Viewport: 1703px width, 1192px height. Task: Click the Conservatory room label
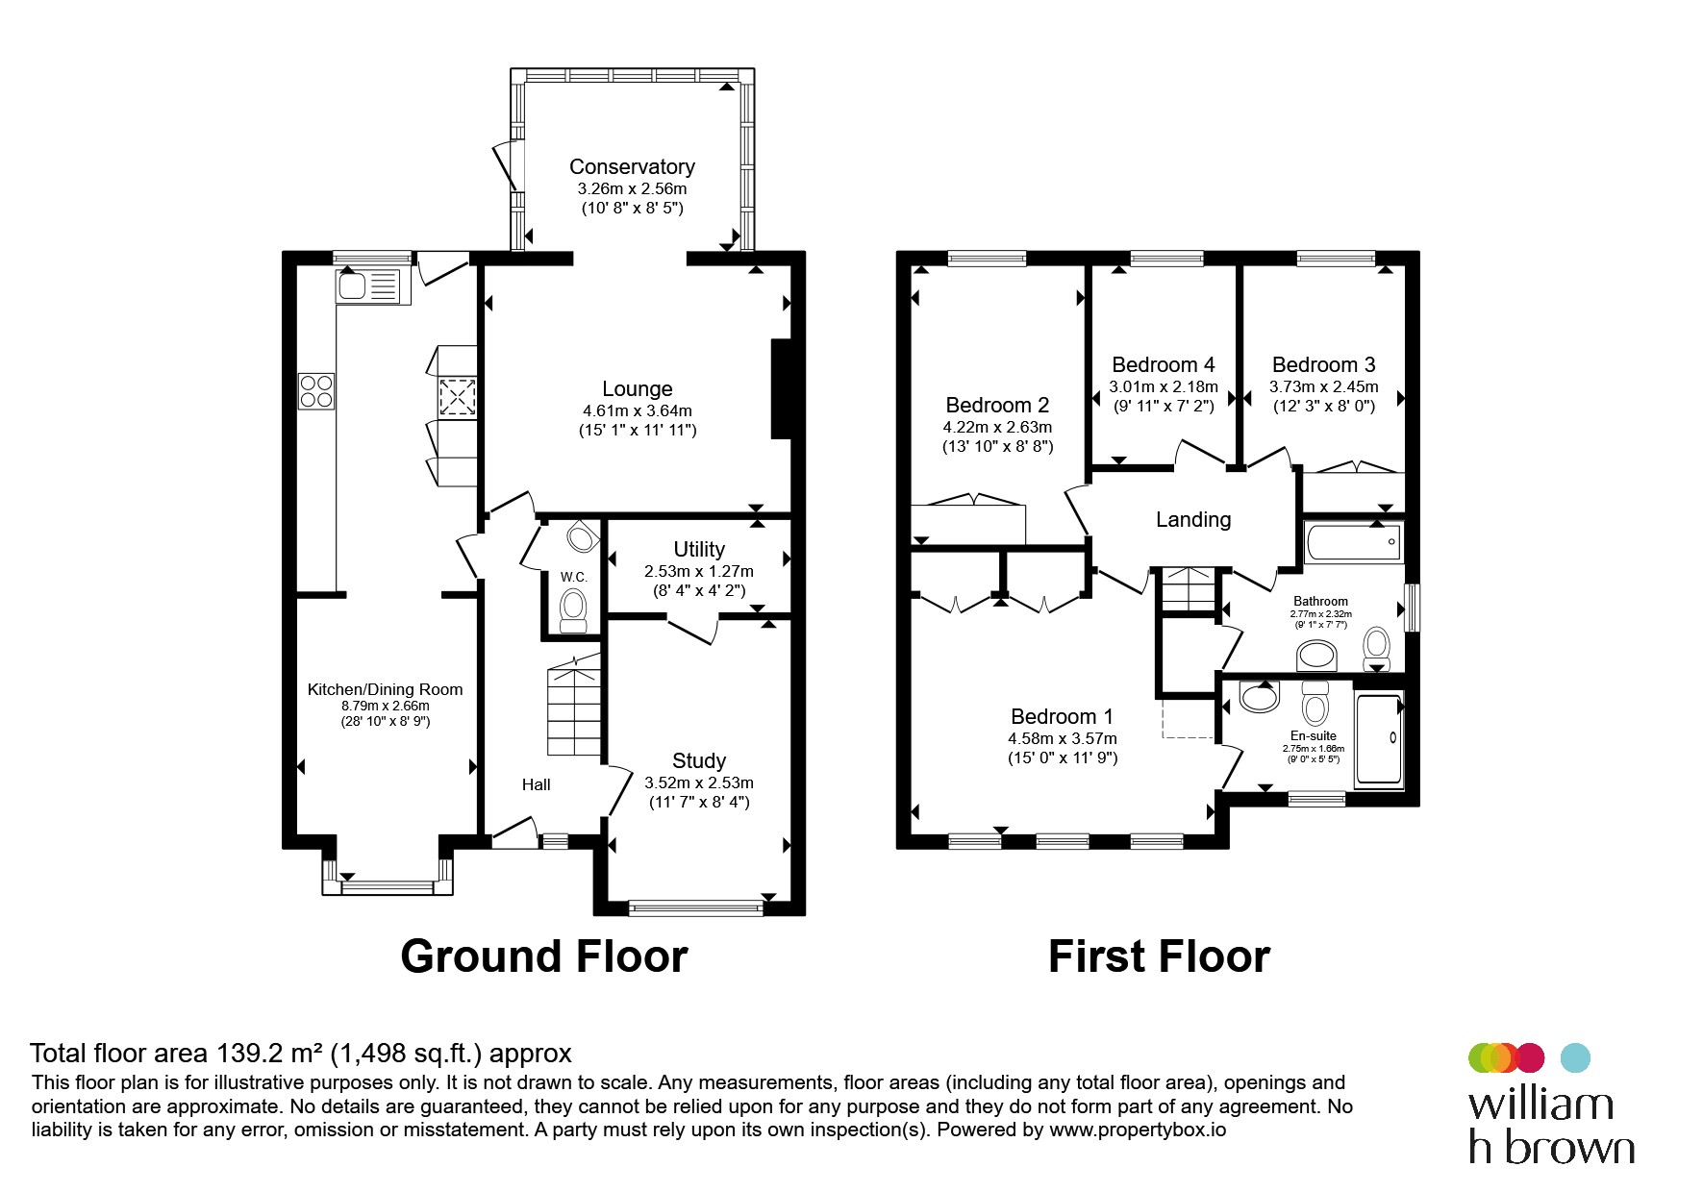(632, 166)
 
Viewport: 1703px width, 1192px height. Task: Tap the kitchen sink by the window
(373, 286)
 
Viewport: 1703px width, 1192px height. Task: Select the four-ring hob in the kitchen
(316, 391)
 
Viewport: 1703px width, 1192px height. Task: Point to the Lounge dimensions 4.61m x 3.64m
(638, 410)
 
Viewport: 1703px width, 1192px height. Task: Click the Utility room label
(699, 549)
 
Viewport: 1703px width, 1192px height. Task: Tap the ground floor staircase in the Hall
(574, 706)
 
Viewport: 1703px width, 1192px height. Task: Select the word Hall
(537, 784)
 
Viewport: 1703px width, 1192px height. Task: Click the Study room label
(699, 760)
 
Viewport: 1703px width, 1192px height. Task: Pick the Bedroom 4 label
(1164, 364)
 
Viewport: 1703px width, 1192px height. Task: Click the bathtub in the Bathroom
(1354, 542)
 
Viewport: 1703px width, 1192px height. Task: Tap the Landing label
(1193, 520)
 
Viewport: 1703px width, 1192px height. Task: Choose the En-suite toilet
(1315, 705)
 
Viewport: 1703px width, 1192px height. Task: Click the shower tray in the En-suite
(1379, 739)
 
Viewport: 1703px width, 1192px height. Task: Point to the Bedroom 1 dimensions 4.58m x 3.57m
(1063, 738)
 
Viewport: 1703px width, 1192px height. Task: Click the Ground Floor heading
(544, 956)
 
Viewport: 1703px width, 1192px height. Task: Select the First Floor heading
(1159, 956)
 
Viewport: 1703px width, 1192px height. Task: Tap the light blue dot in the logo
(1574, 1057)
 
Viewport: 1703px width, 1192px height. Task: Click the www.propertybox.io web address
(1138, 1130)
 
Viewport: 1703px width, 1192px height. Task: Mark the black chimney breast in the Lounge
(782, 388)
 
